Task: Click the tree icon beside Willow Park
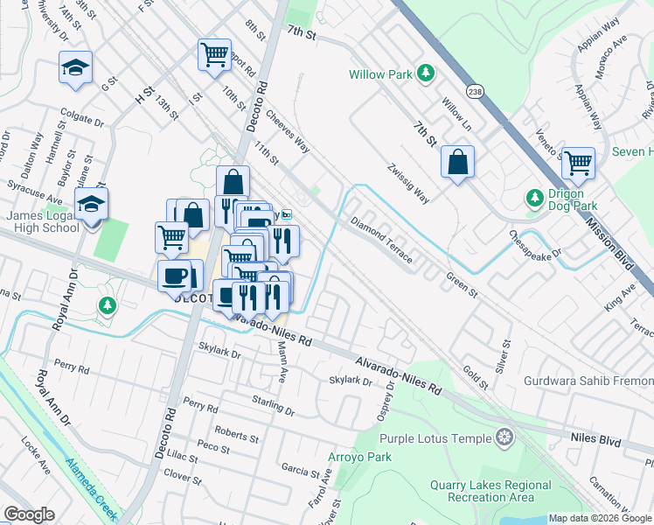coord(426,74)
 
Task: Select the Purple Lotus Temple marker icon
coord(504,437)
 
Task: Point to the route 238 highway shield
coord(475,90)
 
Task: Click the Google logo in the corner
coord(29,514)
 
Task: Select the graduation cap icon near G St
coord(76,66)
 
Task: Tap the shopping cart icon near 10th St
coord(214,54)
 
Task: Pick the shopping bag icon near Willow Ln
coord(457,161)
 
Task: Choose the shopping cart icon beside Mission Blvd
coord(578,162)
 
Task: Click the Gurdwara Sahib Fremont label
coord(588,381)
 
